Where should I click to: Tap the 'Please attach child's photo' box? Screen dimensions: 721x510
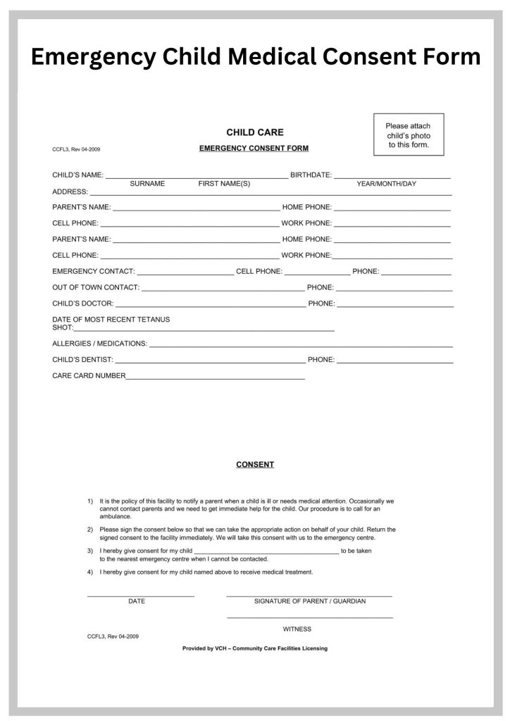[408, 134]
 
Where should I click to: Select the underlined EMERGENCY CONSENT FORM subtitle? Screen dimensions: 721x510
[254, 149]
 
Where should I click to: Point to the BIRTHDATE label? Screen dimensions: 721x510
[311, 174]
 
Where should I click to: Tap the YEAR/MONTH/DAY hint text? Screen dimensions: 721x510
[386, 184]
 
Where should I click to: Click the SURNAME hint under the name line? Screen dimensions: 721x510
[147, 184]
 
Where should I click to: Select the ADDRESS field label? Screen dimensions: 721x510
[70, 192]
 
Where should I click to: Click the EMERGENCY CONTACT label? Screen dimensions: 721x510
[93, 271]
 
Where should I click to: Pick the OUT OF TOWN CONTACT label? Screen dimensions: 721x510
[96, 287]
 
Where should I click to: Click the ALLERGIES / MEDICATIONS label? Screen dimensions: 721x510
[99, 344]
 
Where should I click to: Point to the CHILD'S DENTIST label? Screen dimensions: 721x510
[82, 360]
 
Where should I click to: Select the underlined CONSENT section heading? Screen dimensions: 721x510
[254, 465]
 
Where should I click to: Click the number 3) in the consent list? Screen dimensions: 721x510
[90, 551]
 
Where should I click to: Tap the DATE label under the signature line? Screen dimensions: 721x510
[137, 601]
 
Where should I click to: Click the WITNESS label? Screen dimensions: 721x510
[297, 629]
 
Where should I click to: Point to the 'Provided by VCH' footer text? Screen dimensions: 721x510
[254, 648]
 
